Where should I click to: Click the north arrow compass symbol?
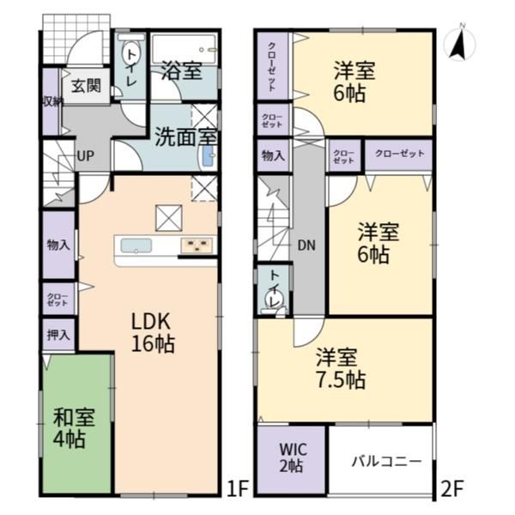(x=459, y=44)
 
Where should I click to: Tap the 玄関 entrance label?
(x=86, y=86)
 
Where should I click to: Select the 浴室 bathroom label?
(x=182, y=70)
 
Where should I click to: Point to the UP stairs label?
(x=86, y=156)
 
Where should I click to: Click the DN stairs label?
(x=306, y=245)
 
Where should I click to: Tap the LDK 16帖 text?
(x=153, y=332)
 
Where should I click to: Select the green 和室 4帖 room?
(x=77, y=424)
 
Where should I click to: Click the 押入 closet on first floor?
(x=58, y=335)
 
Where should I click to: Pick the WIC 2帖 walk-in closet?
(x=291, y=459)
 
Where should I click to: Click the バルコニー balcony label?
(x=386, y=462)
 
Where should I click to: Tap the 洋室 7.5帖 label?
(x=341, y=368)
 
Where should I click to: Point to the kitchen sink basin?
(x=136, y=245)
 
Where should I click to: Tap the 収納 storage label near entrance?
(x=51, y=102)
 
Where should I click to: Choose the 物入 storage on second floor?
(x=273, y=155)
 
